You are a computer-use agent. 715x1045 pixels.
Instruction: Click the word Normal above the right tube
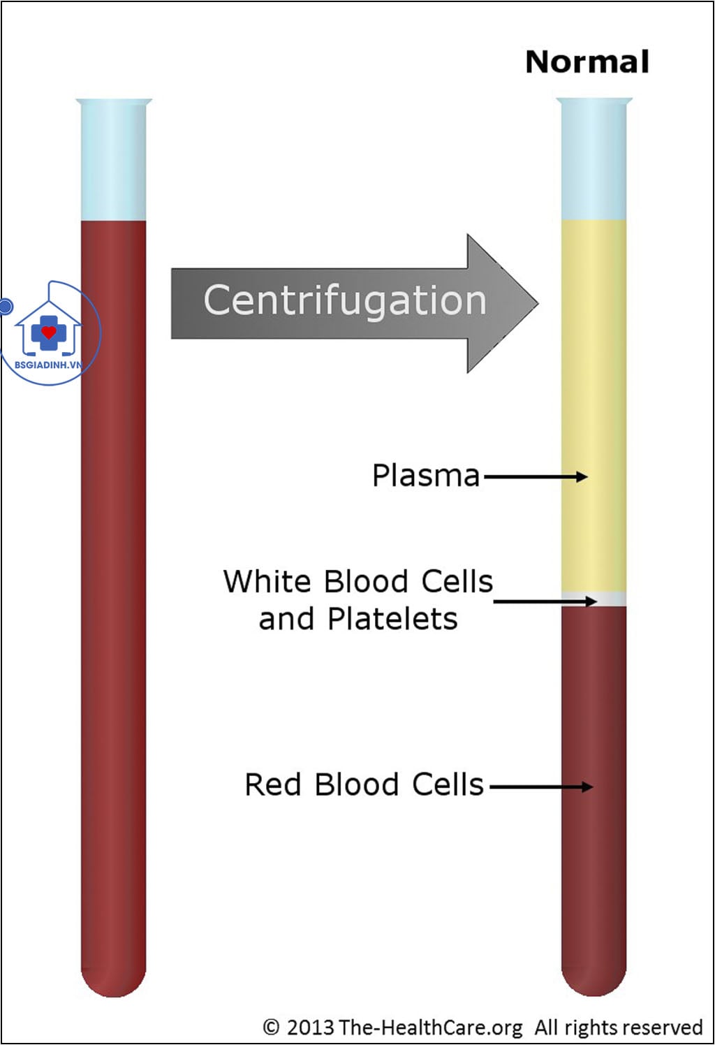pos(587,62)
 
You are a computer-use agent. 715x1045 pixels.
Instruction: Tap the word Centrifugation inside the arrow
pos(345,301)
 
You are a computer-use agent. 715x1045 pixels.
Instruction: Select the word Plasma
pos(426,476)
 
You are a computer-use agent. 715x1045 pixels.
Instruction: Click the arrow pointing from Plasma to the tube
pos(536,477)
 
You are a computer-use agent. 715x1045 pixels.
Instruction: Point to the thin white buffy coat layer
pos(594,599)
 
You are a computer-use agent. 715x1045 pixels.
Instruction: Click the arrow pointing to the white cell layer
pos(545,601)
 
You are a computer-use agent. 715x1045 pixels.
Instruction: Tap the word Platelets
pos(392,619)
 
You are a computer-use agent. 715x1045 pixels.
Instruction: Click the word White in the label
pos(267,582)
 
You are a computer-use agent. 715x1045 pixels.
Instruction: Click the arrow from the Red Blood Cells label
pos(541,787)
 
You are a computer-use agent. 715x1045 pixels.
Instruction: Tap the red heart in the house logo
pos(48,332)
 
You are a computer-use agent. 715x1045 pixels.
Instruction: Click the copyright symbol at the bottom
pos(271,1027)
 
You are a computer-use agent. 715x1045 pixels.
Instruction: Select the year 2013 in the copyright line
pos(310,1028)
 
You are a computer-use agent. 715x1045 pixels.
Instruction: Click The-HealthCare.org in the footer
pos(431,1028)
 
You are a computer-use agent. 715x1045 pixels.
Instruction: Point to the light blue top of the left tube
pos(114,161)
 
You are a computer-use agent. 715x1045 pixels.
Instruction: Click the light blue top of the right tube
pos(594,161)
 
